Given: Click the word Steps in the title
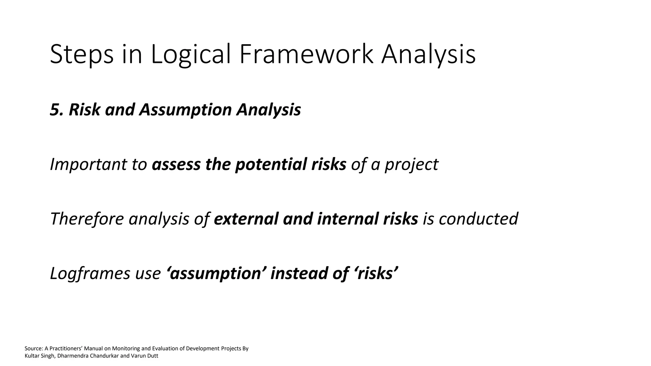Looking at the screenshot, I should pos(82,55).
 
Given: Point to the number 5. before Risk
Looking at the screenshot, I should pos(57,110).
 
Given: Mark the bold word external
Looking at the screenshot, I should pos(246,219).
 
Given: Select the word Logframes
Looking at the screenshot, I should pos(90,274).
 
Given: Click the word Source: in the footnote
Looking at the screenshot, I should pos(32,349).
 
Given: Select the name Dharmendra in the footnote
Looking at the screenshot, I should pos(73,356).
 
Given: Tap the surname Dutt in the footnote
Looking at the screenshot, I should pos(152,356).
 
